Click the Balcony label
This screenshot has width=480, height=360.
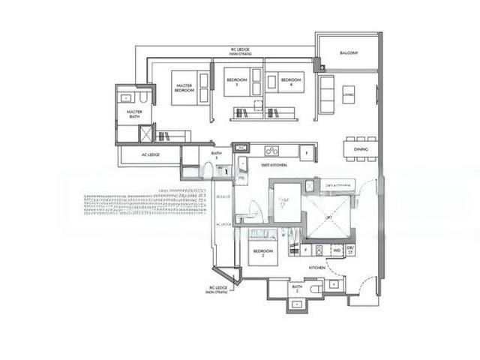click(349, 53)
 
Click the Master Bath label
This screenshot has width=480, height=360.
click(134, 114)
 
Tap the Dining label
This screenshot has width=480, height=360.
click(361, 149)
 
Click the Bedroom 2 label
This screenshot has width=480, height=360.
click(262, 253)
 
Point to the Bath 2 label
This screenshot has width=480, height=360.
click(297, 288)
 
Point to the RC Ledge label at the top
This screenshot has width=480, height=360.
click(241, 51)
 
